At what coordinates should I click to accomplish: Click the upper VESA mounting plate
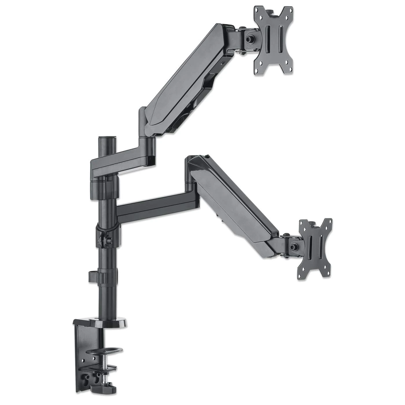click(273, 40)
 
